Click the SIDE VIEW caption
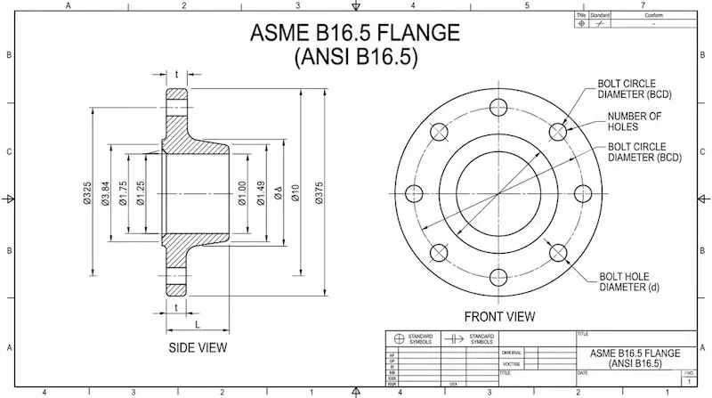(198, 346)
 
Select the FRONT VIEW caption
(499, 316)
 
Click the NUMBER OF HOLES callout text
(634, 121)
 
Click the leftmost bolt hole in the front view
(414, 192)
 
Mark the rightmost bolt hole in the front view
(583, 192)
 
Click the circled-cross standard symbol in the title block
(397, 339)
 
